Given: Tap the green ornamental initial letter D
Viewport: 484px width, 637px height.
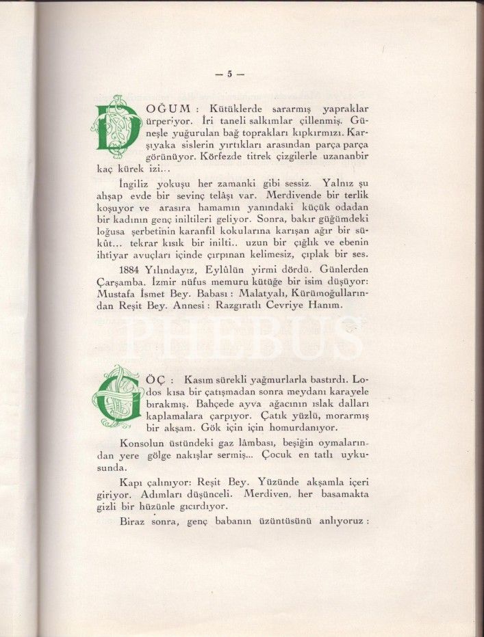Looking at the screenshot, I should [116, 125].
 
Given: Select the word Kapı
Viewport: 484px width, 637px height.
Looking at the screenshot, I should [131, 481].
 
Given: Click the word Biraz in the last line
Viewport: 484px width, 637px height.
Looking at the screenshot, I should [133, 519].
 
